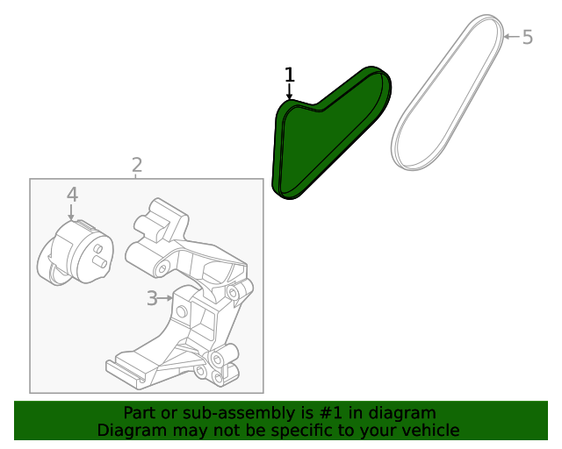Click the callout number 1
click(x=290, y=75)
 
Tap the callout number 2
click(x=137, y=166)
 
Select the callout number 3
click(x=152, y=298)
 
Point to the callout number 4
click(x=72, y=196)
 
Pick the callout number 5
click(x=528, y=37)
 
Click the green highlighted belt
click(x=332, y=132)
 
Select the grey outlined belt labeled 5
click(x=448, y=92)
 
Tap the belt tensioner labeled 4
click(x=76, y=253)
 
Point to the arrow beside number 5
click(x=511, y=37)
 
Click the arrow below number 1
click(x=289, y=92)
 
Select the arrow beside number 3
click(x=166, y=298)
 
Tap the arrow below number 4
click(x=71, y=212)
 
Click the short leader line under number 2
click(x=136, y=176)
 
